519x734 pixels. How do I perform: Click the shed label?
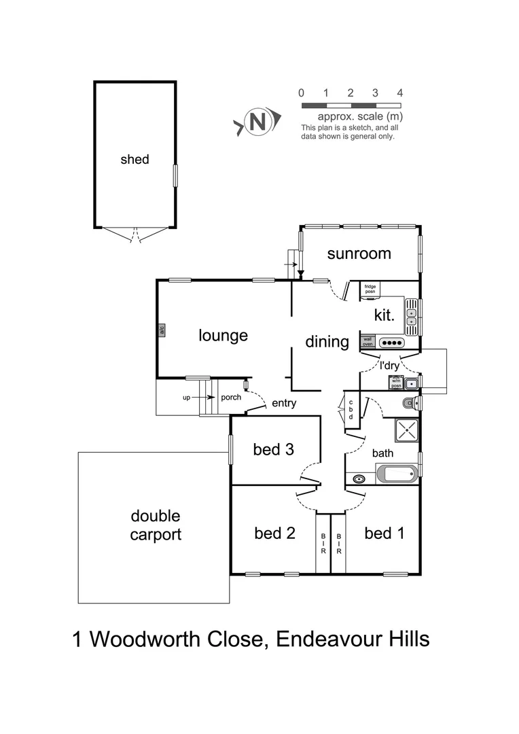[135, 160]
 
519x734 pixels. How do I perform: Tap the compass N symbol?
[257, 122]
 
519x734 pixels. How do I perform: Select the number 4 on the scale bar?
[400, 93]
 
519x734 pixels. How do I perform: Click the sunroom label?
[359, 254]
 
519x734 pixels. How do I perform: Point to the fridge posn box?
[370, 290]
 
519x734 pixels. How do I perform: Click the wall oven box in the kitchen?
[368, 342]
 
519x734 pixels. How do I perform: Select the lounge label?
[223, 335]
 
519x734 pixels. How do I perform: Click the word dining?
[327, 342]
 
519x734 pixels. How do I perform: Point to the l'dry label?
[389, 366]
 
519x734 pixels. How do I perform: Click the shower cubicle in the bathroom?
[408, 430]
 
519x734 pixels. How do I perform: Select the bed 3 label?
[273, 449]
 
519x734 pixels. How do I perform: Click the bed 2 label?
[274, 534]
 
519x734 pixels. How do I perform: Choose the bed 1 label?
[384, 534]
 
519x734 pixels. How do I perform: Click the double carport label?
[156, 525]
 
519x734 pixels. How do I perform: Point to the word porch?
[231, 398]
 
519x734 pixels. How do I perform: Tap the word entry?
[284, 404]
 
